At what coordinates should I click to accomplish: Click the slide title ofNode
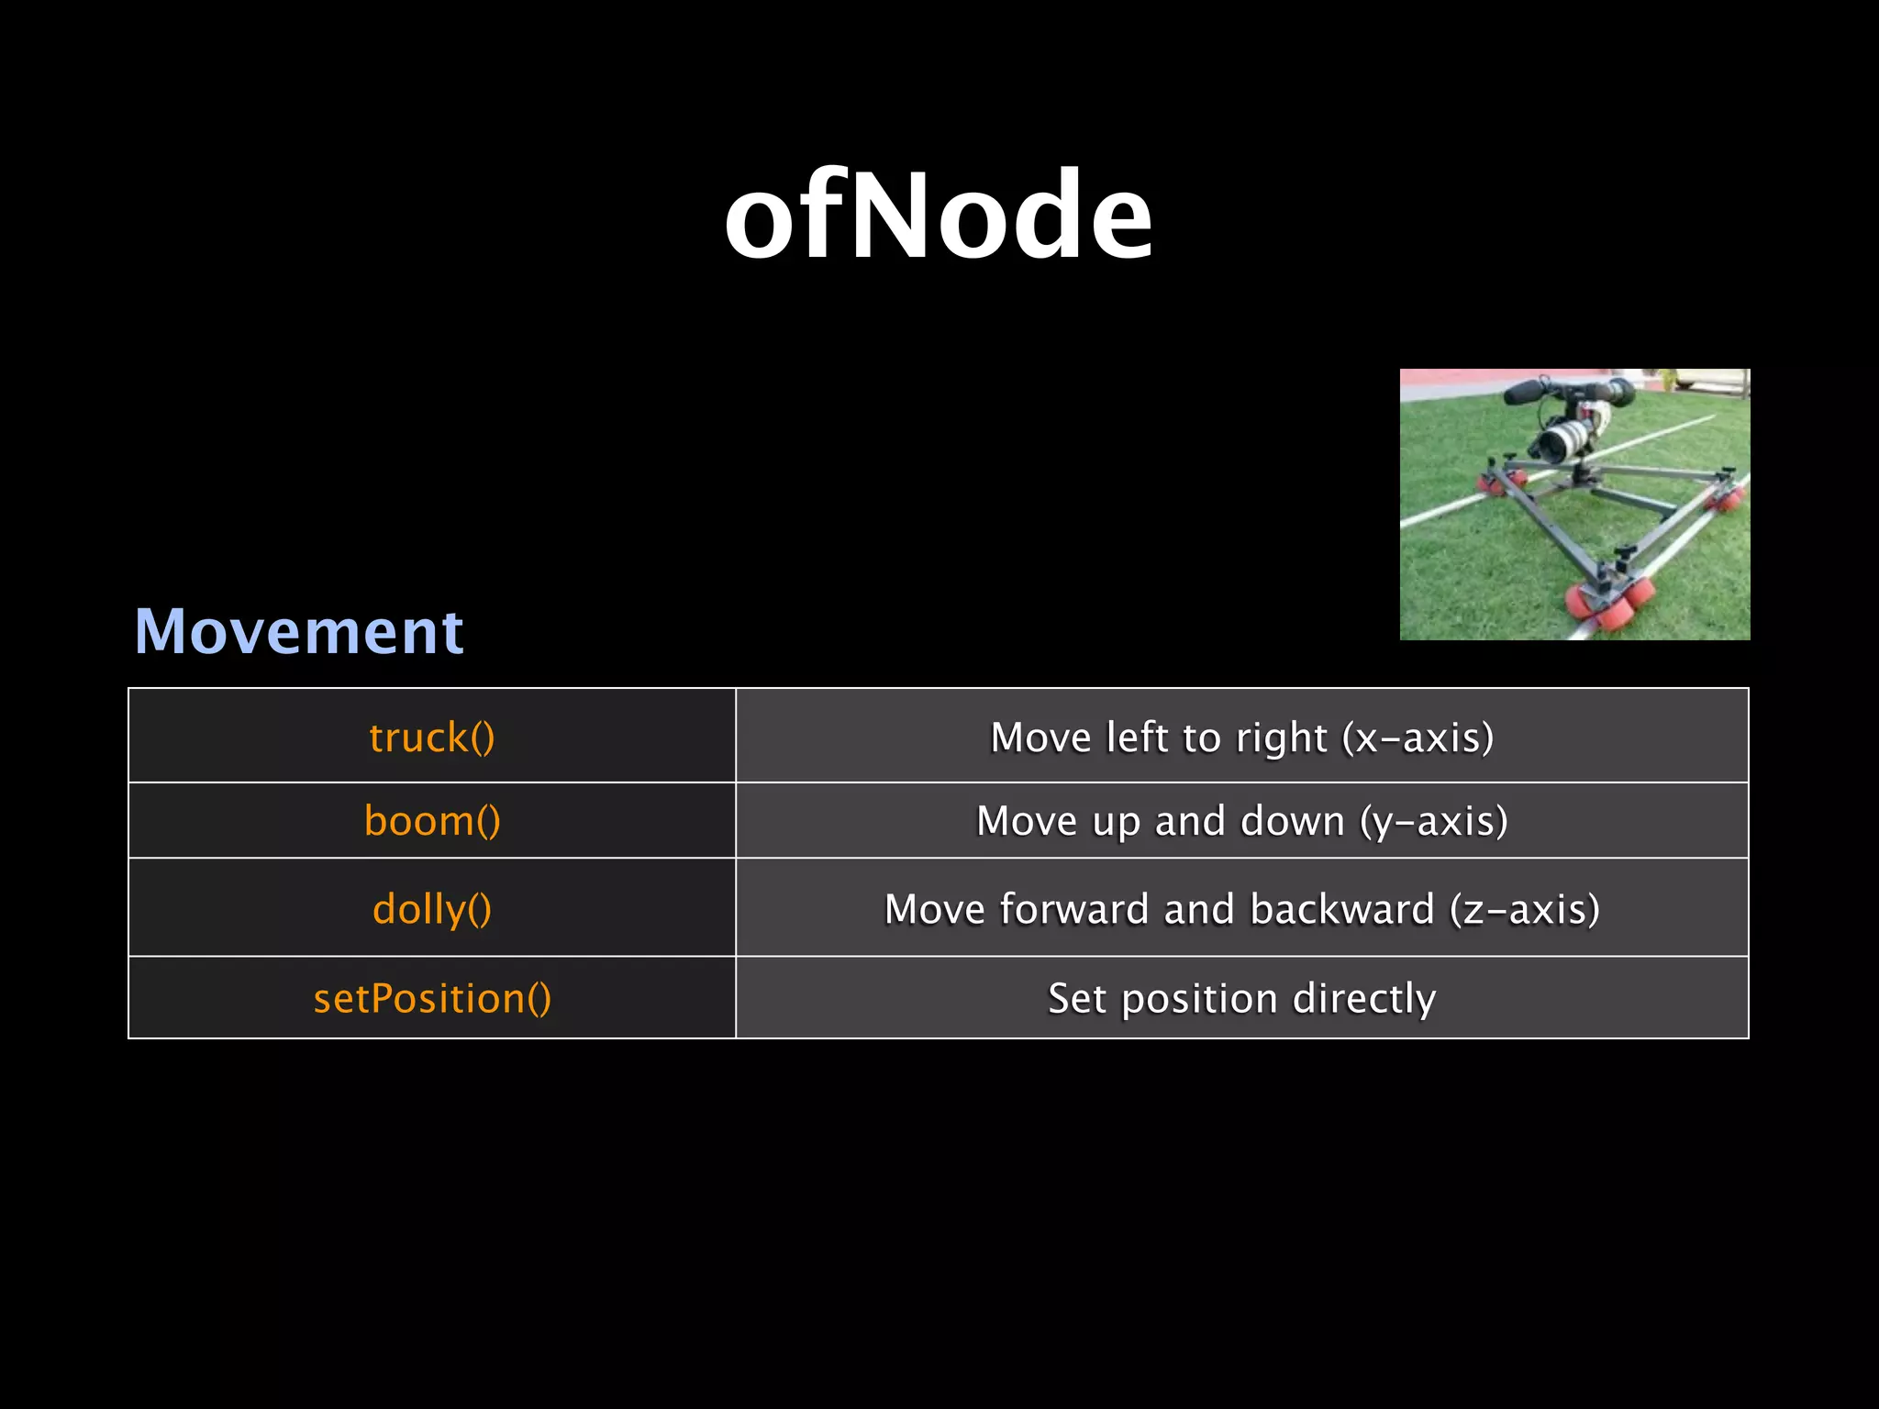(x=938, y=216)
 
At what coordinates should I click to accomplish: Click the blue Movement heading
(x=299, y=631)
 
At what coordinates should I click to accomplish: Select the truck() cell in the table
(x=432, y=738)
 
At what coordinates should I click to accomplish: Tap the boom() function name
(x=432, y=821)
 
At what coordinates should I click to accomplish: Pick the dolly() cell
(x=432, y=909)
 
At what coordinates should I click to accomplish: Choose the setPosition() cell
(x=432, y=998)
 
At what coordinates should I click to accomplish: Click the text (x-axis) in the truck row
(x=1418, y=738)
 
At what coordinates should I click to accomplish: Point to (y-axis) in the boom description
(x=1433, y=821)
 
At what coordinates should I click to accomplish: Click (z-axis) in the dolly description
(x=1524, y=909)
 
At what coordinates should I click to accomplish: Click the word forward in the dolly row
(x=1074, y=909)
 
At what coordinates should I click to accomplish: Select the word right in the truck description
(x=1282, y=738)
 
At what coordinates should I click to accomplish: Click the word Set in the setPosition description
(x=1077, y=998)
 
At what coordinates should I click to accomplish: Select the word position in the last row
(x=1199, y=998)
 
